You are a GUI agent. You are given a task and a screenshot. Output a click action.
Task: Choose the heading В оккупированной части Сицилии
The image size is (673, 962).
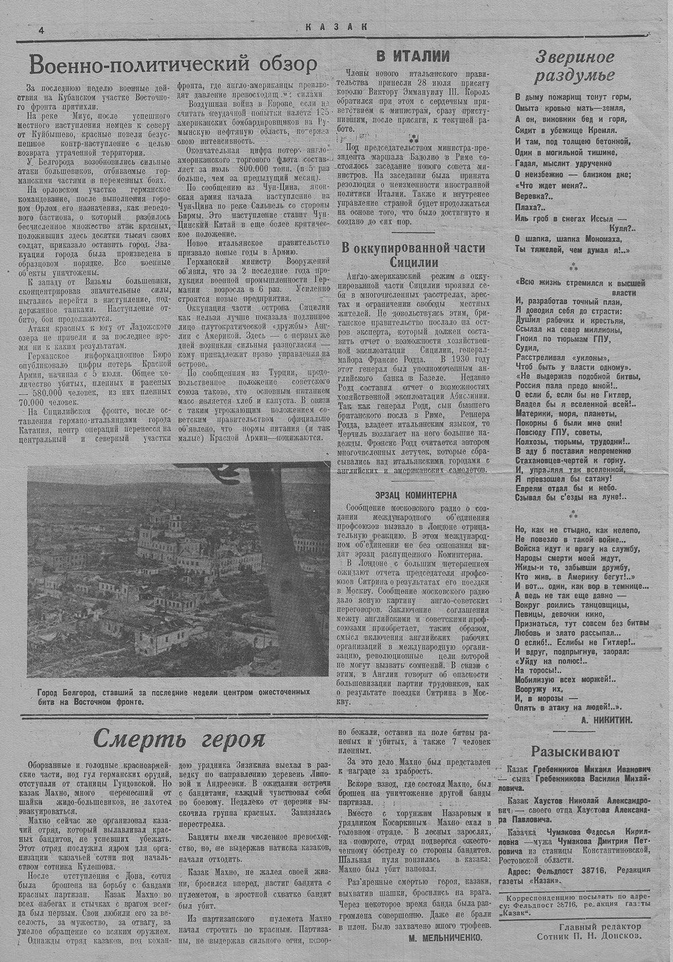coord(413,255)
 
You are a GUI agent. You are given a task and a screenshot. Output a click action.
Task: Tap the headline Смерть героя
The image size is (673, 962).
coord(178,738)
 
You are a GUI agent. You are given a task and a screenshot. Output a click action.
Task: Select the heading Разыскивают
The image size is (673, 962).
coord(575,751)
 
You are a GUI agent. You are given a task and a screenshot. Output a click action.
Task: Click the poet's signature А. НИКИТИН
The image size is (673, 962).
coord(606,720)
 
